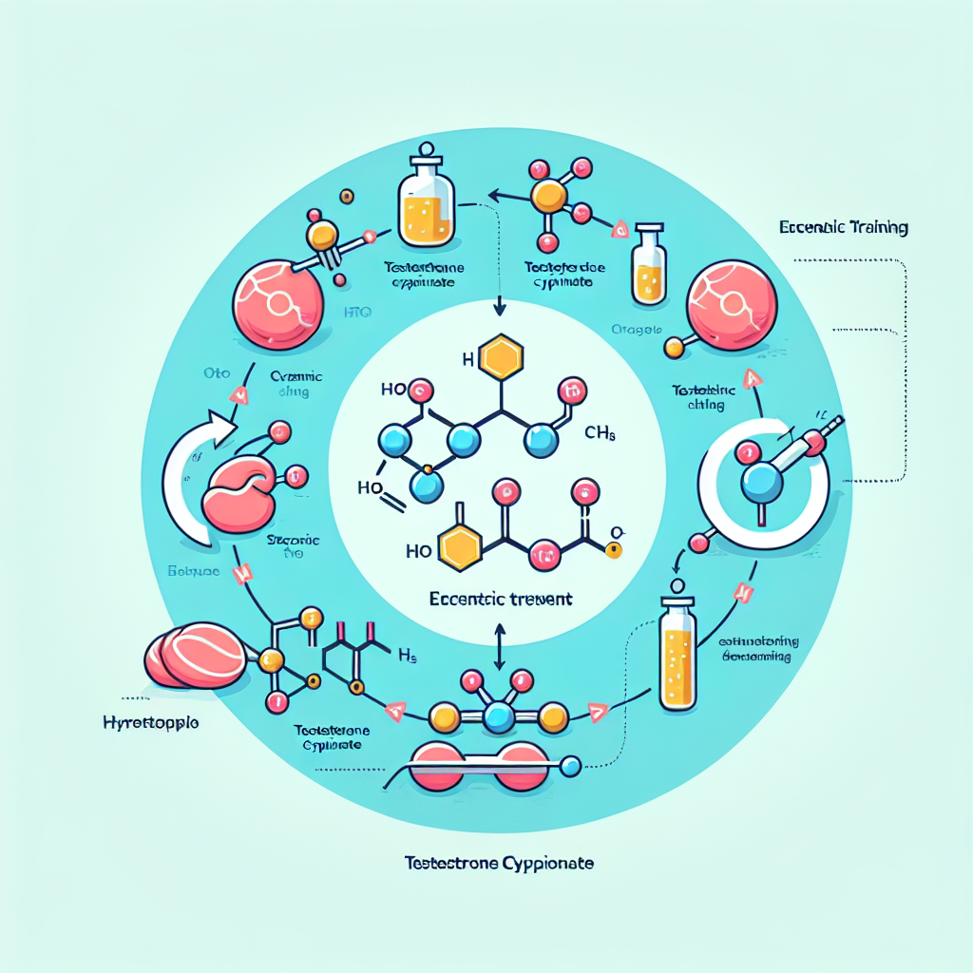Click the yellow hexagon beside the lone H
(x=500, y=358)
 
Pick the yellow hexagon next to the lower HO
(x=462, y=550)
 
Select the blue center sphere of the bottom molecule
(x=497, y=717)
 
